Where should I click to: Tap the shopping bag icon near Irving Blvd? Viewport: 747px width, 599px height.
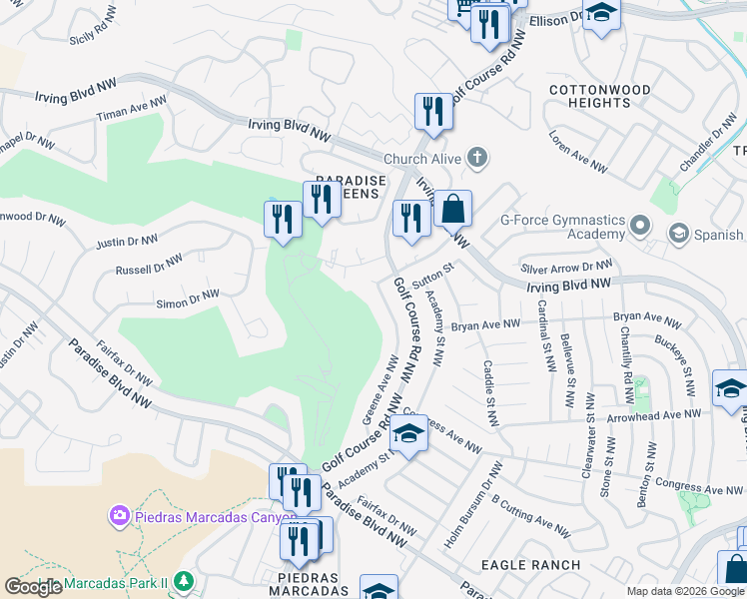452,209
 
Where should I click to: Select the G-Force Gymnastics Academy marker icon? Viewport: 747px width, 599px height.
640,227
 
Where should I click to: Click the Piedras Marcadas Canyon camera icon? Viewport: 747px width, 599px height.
119,516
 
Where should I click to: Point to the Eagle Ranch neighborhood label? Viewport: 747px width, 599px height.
530,565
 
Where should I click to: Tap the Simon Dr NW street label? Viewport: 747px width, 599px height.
188,299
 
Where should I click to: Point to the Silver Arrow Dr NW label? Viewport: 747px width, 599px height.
566,267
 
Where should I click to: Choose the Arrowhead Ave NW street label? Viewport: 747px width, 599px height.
654,414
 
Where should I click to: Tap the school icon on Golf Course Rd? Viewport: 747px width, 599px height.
408,434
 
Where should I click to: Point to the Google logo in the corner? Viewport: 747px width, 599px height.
34,587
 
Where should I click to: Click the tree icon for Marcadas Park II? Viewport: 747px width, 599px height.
183,580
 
